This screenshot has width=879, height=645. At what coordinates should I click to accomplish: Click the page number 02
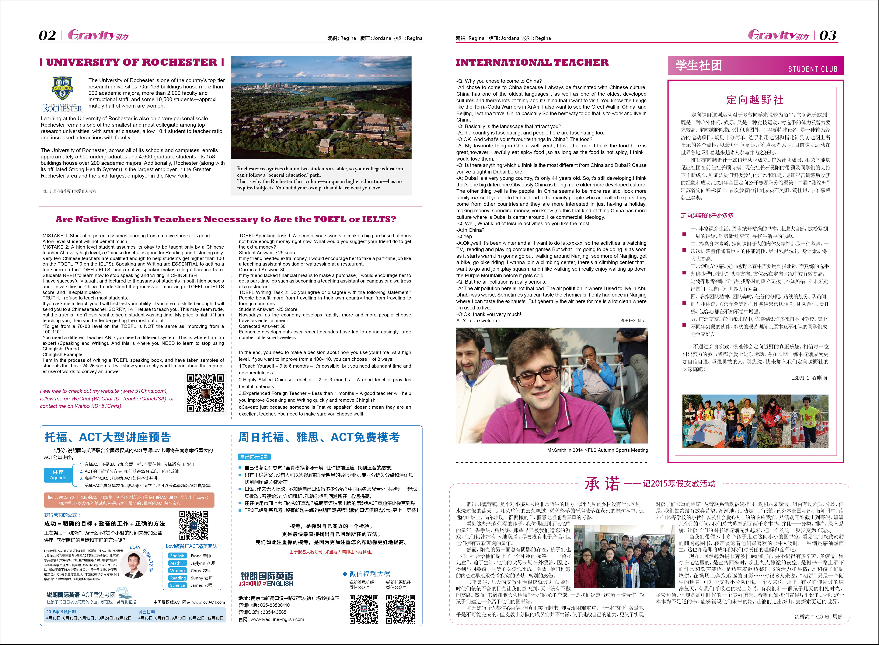pyautogui.click(x=47, y=36)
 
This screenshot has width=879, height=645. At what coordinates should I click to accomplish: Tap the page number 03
pyautogui.click(x=827, y=36)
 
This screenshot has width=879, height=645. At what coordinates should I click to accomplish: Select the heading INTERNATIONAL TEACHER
pyautogui.click(x=532, y=63)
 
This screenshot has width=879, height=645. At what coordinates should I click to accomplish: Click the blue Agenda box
pyautogui.click(x=58, y=475)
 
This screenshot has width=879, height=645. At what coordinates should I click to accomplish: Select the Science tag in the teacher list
pyautogui.click(x=177, y=585)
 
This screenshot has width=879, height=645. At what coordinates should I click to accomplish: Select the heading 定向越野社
pyautogui.click(x=755, y=100)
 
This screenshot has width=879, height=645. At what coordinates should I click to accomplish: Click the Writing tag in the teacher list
pyautogui.click(x=177, y=570)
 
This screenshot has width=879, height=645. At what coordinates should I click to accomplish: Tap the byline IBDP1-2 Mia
pyautogui.click(x=631, y=320)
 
